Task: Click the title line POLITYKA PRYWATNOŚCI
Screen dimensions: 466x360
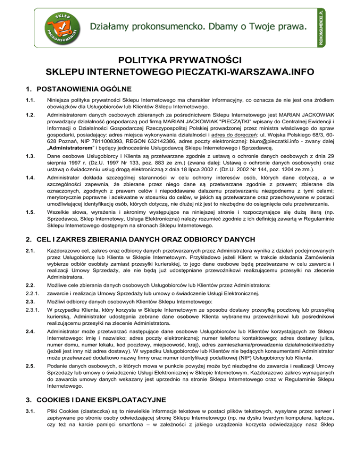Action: [x=180, y=61]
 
